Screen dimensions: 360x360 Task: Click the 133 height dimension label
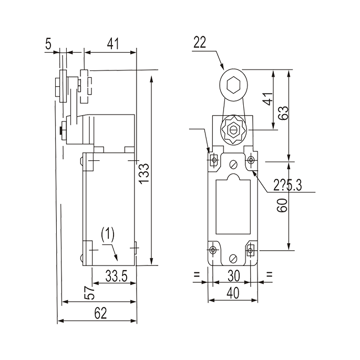click(x=144, y=173)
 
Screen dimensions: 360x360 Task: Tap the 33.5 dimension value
click(x=116, y=276)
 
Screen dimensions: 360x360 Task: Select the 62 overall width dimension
click(x=100, y=313)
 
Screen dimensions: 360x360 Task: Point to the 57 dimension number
click(x=89, y=293)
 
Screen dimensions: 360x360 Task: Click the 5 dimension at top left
click(x=48, y=44)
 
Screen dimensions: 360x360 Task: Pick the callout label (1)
click(x=108, y=234)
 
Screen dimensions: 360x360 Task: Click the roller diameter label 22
click(x=200, y=42)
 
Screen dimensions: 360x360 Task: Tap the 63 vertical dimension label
click(x=284, y=112)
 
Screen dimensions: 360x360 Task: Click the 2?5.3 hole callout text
click(x=287, y=185)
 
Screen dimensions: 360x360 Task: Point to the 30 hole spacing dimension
click(x=234, y=276)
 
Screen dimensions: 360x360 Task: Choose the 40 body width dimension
click(x=233, y=293)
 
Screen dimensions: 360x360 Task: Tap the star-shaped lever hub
click(x=234, y=130)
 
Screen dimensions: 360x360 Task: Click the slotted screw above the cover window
click(x=233, y=164)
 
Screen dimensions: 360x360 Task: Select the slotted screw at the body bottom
click(x=233, y=258)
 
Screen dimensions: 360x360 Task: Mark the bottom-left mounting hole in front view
click(x=213, y=250)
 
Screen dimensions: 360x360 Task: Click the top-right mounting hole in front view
click(x=251, y=159)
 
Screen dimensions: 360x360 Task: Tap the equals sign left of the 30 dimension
click(x=197, y=274)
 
